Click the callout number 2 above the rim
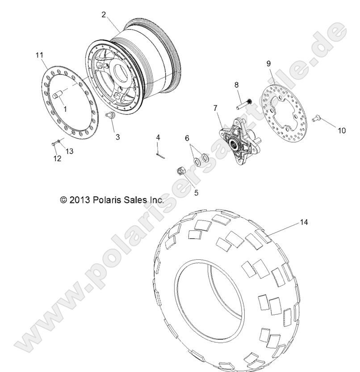(104, 15)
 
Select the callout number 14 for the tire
(305, 221)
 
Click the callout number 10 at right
(341, 131)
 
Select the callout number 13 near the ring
(70, 151)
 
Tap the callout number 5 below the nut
(184, 193)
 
